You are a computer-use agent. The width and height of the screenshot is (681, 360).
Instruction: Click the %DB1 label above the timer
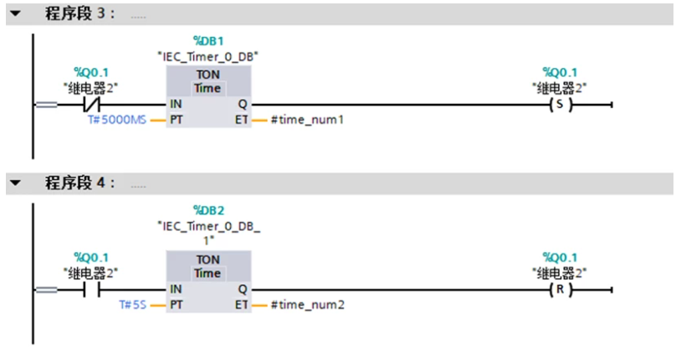coord(207,41)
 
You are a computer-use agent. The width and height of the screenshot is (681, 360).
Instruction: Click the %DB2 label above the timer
coord(207,208)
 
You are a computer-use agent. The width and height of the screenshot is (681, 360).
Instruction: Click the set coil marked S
coord(560,105)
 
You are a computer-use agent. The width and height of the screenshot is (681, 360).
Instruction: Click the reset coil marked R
coord(560,290)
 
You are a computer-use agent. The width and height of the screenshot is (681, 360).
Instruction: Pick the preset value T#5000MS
coord(116,121)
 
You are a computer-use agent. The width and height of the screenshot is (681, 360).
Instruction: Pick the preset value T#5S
coord(134,305)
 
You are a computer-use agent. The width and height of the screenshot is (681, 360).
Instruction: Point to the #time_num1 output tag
coord(307,121)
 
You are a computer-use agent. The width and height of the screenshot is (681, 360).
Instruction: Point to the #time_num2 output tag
coord(307,305)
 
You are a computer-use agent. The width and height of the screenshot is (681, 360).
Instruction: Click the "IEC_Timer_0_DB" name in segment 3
coord(207,55)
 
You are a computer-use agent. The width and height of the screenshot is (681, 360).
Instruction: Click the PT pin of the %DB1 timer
coord(177,121)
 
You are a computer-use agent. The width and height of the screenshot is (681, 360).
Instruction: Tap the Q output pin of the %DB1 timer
coord(243,105)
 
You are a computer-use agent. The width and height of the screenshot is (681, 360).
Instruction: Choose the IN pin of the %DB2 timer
coord(177,290)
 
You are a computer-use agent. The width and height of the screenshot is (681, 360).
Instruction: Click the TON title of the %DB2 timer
coord(207,260)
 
